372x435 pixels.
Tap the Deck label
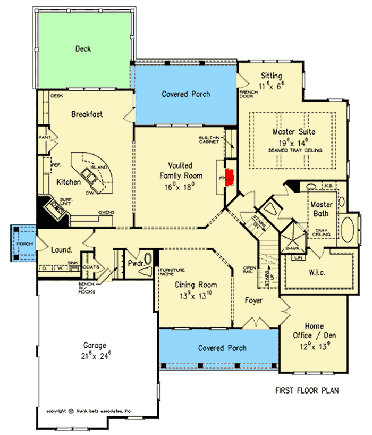(x=83, y=49)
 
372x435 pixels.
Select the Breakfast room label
(x=87, y=114)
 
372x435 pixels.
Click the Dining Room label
(x=196, y=285)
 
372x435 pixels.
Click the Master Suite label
(x=294, y=131)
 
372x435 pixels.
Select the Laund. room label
(x=62, y=249)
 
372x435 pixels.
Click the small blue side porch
(x=24, y=243)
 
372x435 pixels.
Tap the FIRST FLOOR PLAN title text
(x=307, y=391)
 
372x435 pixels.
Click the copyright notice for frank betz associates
(x=89, y=411)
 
